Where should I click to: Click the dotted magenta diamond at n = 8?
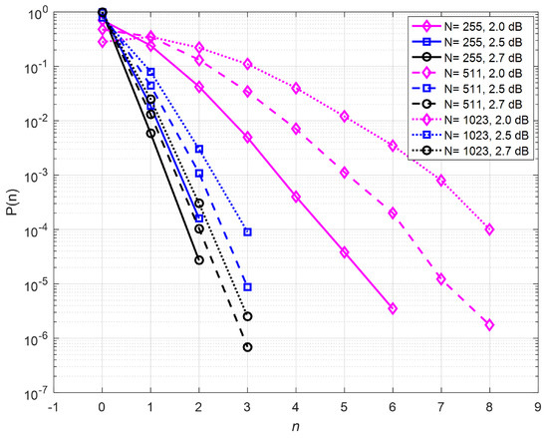(489, 229)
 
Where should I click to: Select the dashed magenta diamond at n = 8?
(489, 325)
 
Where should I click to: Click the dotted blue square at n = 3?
(247, 232)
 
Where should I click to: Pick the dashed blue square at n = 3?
(247, 287)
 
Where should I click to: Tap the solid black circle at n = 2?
(199, 260)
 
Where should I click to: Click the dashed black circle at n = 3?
(247, 347)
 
